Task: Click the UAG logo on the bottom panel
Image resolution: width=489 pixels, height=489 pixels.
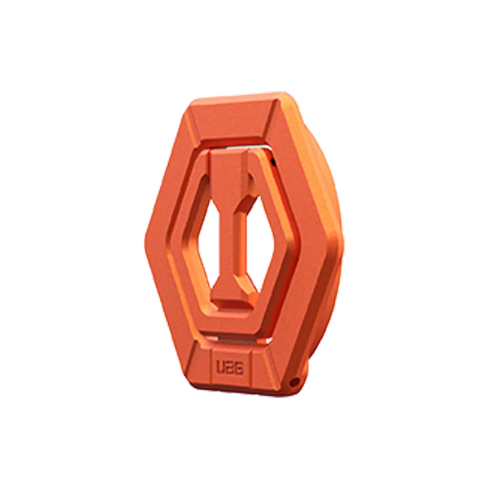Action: (230, 369)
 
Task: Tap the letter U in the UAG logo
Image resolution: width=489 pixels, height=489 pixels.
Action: (221, 368)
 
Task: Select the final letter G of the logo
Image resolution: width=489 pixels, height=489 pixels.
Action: (240, 369)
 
